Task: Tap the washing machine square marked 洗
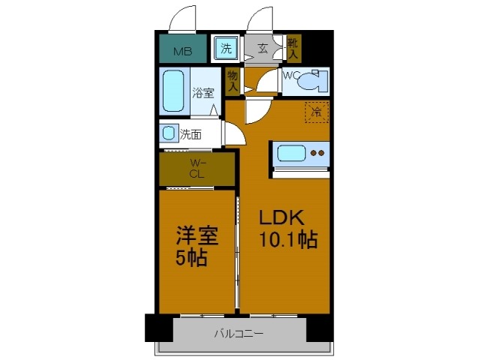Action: (226, 49)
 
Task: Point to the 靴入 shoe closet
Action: (292, 49)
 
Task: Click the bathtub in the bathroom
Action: (174, 91)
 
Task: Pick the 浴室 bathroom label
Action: (202, 94)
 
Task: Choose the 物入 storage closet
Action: (232, 81)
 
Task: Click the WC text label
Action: (291, 75)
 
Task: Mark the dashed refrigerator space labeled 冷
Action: (316, 112)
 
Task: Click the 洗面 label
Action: (190, 136)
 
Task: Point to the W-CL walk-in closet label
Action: (196, 169)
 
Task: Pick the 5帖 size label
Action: (191, 259)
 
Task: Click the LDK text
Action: (281, 218)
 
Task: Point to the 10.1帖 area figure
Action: (288, 241)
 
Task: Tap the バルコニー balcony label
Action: (238, 333)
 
